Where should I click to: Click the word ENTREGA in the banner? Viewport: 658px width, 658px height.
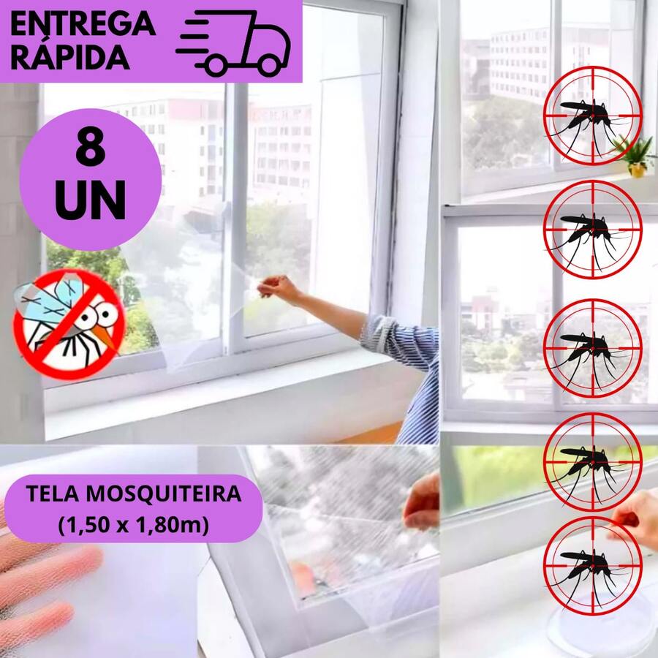tap(83, 23)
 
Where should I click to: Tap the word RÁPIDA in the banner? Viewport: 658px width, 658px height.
tap(70, 56)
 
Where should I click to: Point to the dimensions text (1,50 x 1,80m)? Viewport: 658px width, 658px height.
tap(134, 523)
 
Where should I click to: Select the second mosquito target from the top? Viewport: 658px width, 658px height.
tap(592, 229)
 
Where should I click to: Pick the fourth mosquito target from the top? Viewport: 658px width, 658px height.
tap(592, 461)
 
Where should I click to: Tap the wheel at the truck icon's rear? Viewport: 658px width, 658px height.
tap(216, 66)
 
